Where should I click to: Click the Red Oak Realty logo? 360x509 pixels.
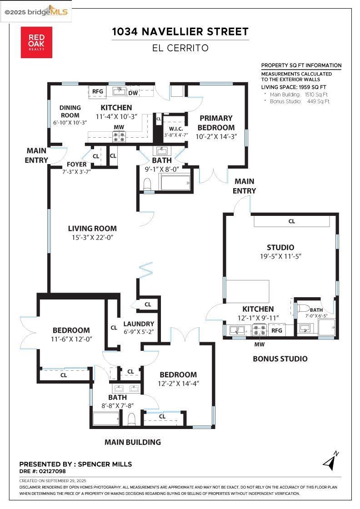click(36, 42)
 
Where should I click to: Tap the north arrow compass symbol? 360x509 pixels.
click(331, 461)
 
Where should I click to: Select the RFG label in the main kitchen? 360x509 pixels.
click(98, 91)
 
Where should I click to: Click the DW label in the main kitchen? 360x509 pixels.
click(133, 93)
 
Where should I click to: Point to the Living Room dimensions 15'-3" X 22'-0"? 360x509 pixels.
click(92, 238)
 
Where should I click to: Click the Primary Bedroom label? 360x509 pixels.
click(216, 123)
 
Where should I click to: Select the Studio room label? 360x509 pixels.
click(280, 248)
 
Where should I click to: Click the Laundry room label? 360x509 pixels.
click(138, 324)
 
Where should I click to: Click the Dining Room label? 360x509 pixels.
click(70, 111)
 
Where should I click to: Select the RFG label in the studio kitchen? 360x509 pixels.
click(277, 330)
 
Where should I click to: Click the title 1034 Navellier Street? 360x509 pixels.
click(180, 31)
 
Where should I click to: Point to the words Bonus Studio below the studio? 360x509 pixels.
click(280, 359)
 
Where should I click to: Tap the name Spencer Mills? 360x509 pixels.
click(105, 464)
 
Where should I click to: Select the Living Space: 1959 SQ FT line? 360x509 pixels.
click(294, 87)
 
